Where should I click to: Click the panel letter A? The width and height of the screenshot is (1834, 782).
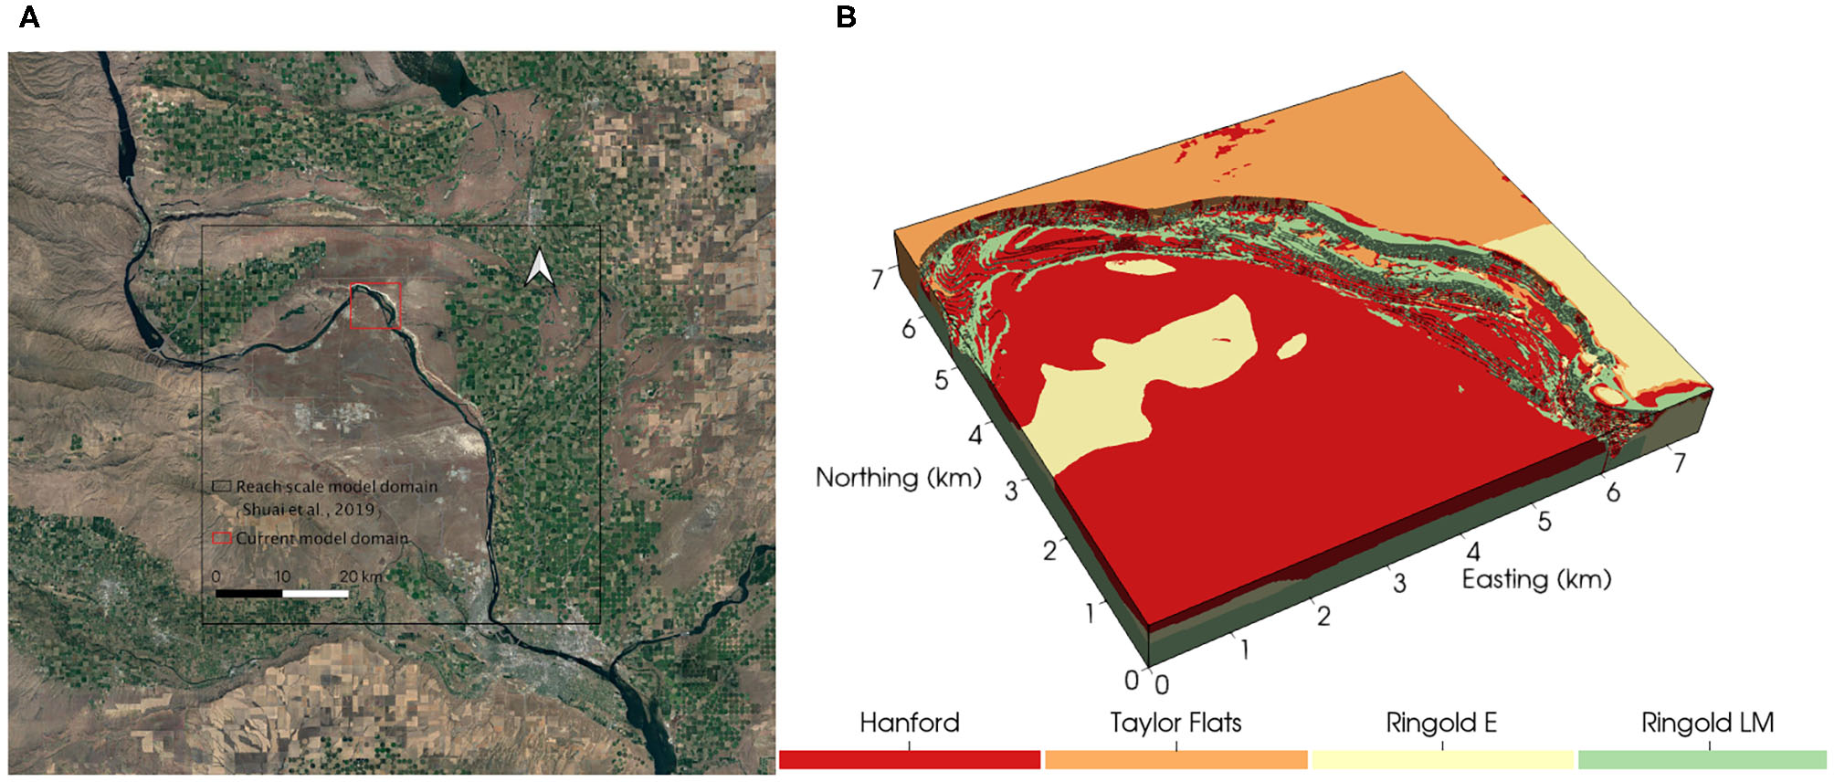pyautogui.click(x=29, y=17)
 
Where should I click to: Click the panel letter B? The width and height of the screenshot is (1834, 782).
pyautogui.click(x=846, y=17)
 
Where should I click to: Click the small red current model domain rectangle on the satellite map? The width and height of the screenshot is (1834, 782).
pyautogui.click(x=375, y=305)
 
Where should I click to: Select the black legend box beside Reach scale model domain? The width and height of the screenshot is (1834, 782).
pyautogui.click(x=221, y=487)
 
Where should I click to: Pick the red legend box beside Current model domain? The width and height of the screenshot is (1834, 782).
pyautogui.click(x=221, y=538)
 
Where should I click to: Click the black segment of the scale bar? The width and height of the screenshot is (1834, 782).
pyautogui.click(x=249, y=594)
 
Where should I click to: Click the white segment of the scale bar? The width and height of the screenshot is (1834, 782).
pyautogui.click(x=315, y=594)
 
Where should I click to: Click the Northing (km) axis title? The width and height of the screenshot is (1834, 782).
pyautogui.click(x=898, y=478)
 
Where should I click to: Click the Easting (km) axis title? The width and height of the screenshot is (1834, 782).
pyautogui.click(x=1536, y=579)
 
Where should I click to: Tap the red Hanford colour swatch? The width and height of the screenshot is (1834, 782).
pyautogui.click(x=910, y=759)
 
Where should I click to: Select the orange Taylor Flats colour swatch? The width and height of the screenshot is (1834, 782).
pyautogui.click(x=1175, y=759)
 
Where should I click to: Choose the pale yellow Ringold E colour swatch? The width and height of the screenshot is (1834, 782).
pyautogui.click(x=1442, y=759)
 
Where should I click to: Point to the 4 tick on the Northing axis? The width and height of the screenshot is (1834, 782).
pyautogui.click(x=975, y=435)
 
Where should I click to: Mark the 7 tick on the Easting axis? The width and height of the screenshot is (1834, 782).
pyautogui.click(x=1679, y=463)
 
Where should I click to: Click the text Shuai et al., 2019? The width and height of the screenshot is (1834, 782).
pyautogui.click(x=308, y=510)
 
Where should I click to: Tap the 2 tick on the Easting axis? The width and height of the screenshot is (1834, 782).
pyautogui.click(x=1323, y=617)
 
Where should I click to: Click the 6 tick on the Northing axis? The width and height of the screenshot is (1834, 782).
pyautogui.click(x=908, y=329)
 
